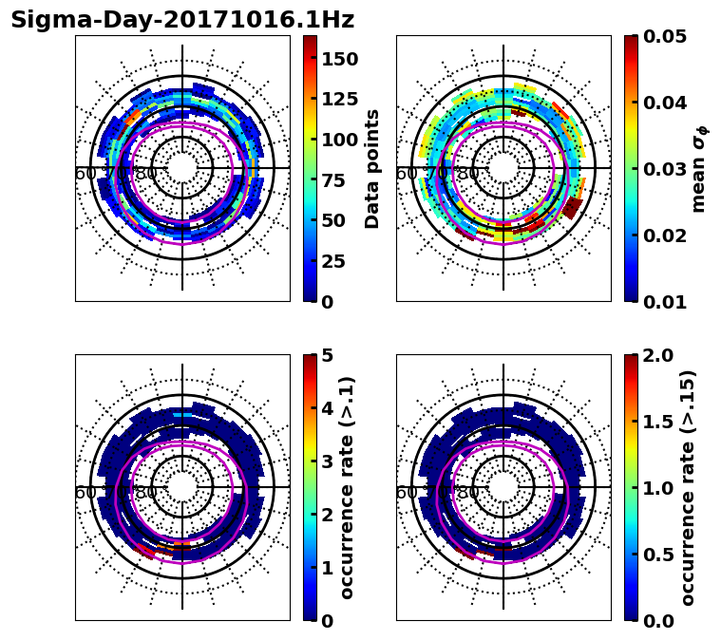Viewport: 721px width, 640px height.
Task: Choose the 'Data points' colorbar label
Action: click(x=372, y=168)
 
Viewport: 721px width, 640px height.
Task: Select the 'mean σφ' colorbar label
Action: click(x=698, y=168)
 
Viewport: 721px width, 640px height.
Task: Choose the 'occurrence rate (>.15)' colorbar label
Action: click(x=688, y=487)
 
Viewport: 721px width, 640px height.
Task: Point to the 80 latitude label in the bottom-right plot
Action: click(x=467, y=493)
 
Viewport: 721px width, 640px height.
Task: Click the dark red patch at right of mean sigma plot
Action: click(x=572, y=207)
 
